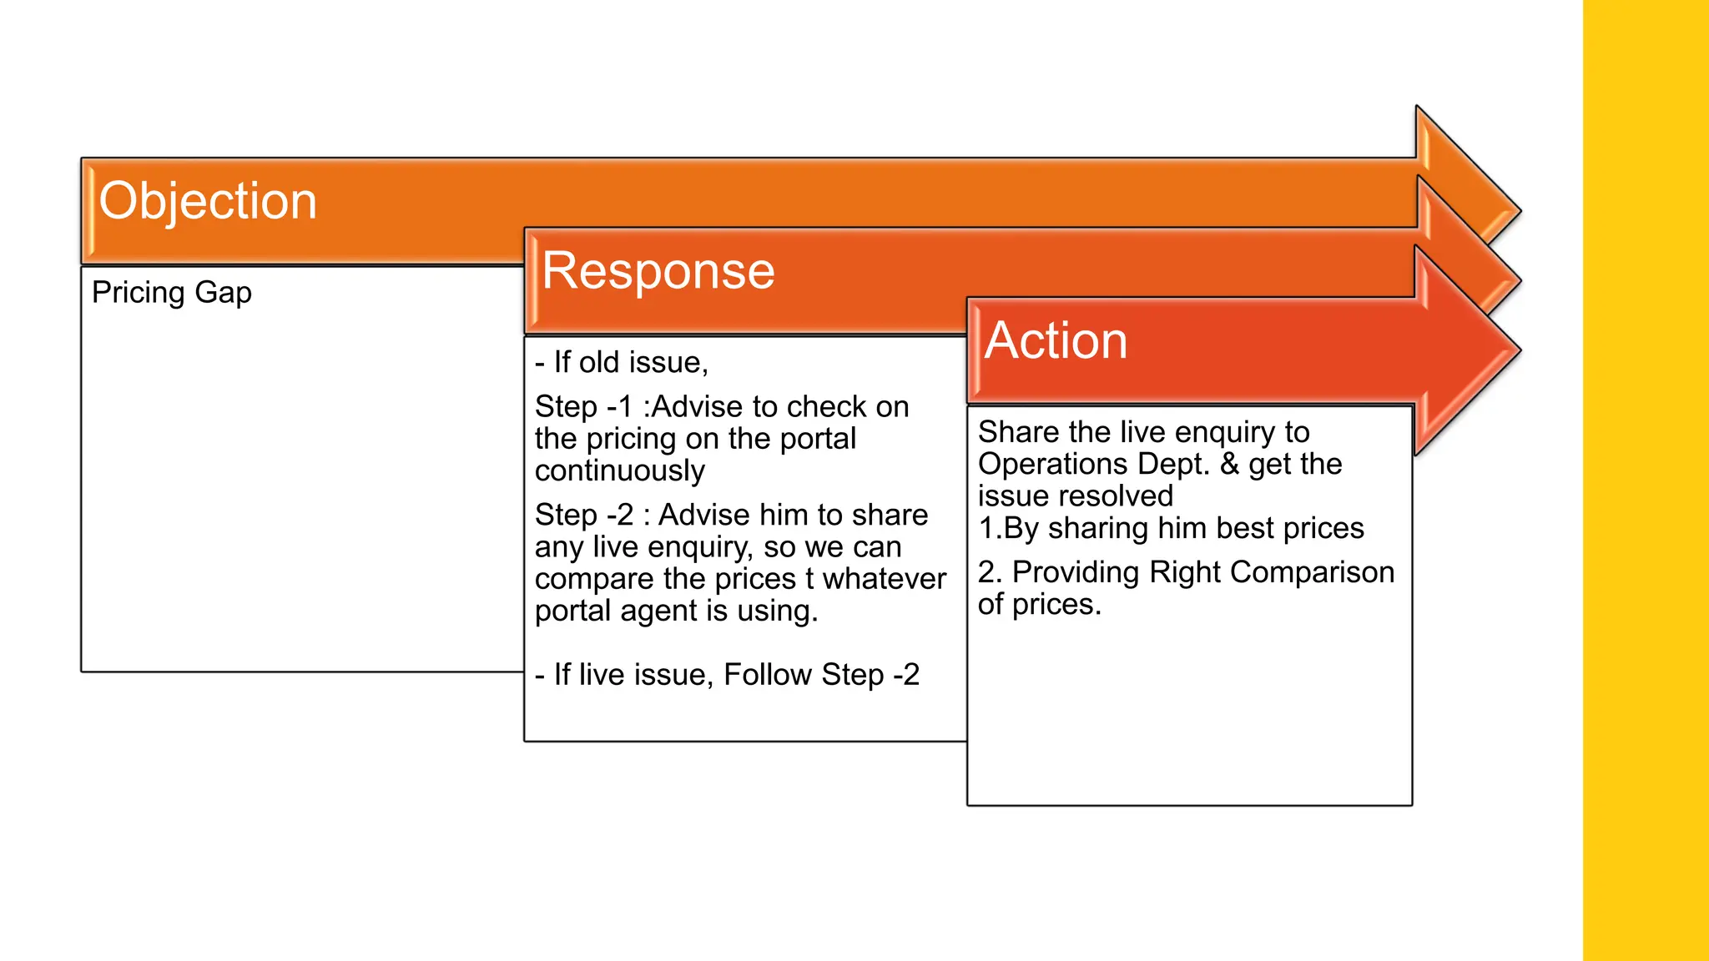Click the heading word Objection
pos(208,201)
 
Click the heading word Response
pos(658,271)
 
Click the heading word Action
pos(1056,341)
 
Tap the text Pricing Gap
pos(171,293)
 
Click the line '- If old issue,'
pos(621,363)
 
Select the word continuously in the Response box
pos(619,471)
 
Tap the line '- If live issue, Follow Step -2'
pos(727,675)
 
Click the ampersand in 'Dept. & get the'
pos(1229,465)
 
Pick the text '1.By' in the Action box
pos(1008,529)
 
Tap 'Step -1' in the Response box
pos(583,407)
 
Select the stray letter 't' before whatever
pos(809,579)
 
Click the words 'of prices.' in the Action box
pos(1039,605)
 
